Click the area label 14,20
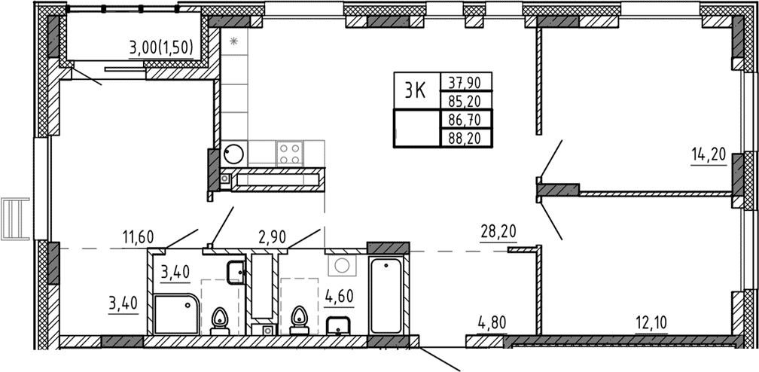pos(708,155)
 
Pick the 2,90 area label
pos(273,239)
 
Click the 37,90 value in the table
pos(465,81)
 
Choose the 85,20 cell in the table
pos(465,100)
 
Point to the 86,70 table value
pos(465,118)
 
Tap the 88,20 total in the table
pos(465,137)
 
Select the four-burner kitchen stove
pos(290,153)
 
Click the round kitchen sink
pos(234,154)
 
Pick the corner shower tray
pos(178,315)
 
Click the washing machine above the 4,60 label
pos(343,265)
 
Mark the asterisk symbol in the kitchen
pos(234,41)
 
